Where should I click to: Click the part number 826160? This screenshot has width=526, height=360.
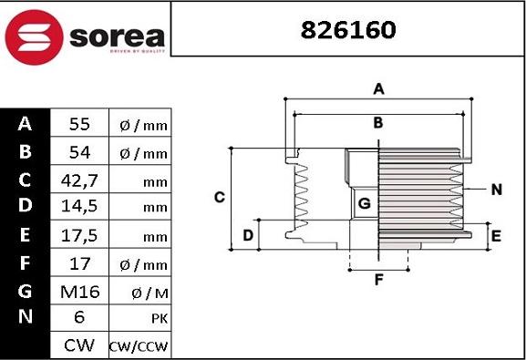pyautogui.click(x=349, y=29)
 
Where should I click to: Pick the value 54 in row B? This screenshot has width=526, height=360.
pyautogui.click(x=78, y=152)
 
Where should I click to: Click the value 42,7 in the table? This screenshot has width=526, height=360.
pyautogui.click(x=78, y=180)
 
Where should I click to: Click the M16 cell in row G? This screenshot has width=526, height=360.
pyautogui.click(x=78, y=293)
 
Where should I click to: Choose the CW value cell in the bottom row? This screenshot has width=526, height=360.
pyautogui.click(x=78, y=346)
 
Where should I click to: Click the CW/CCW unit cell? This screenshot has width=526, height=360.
pyautogui.click(x=139, y=347)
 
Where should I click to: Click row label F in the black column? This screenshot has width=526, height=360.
pyautogui.click(x=25, y=264)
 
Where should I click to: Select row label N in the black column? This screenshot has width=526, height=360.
pyautogui.click(x=25, y=317)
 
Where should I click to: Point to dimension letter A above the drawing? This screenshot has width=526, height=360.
pyautogui.click(x=378, y=89)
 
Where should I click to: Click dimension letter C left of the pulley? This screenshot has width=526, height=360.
pyautogui.click(x=219, y=197)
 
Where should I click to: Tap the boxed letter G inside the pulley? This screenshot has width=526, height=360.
pyautogui.click(x=364, y=203)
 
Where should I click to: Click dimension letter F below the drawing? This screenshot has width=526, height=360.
pyautogui.click(x=378, y=280)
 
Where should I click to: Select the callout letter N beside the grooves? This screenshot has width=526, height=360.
pyautogui.click(x=496, y=190)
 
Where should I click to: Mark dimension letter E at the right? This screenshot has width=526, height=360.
pyautogui.click(x=496, y=236)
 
